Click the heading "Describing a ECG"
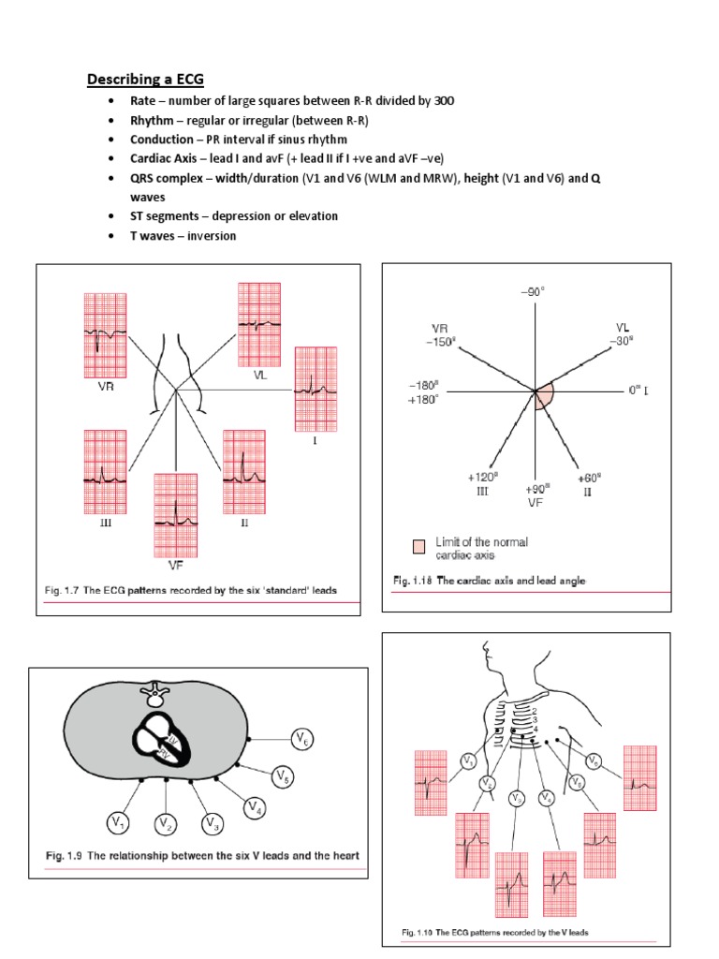click(145, 80)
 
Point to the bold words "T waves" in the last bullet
click(157, 236)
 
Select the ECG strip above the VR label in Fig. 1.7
click(98, 335)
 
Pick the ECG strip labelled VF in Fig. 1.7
click(175, 514)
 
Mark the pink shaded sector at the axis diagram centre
click(543, 398)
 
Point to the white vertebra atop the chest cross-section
click(153, 694)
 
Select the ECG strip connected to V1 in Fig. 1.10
click(432, 782)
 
